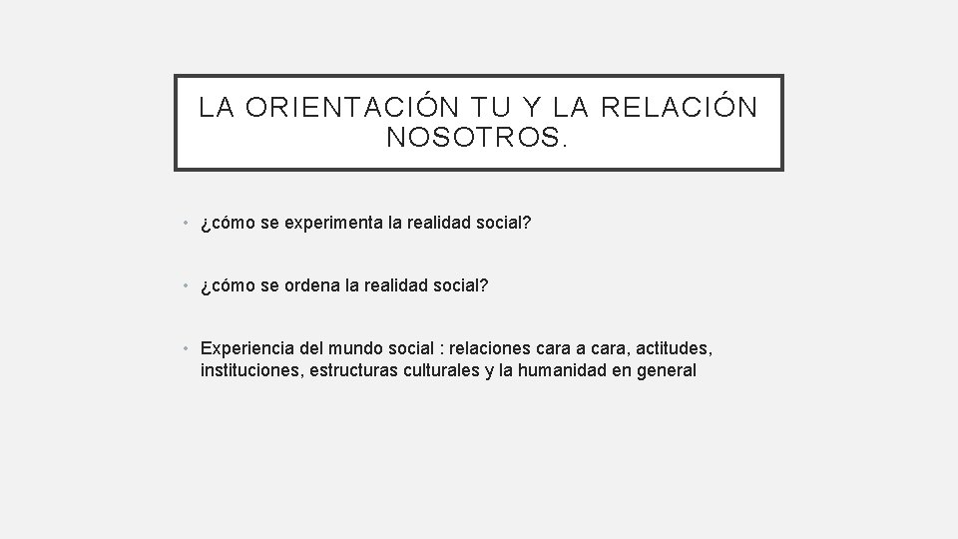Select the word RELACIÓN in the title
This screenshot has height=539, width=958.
coord(689,108)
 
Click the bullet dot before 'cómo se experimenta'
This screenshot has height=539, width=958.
coord(187,226)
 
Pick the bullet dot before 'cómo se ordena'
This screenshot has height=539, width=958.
coord(187,287)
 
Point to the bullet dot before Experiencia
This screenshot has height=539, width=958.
coord(187,349)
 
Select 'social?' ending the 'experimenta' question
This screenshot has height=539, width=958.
coord(505,225)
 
